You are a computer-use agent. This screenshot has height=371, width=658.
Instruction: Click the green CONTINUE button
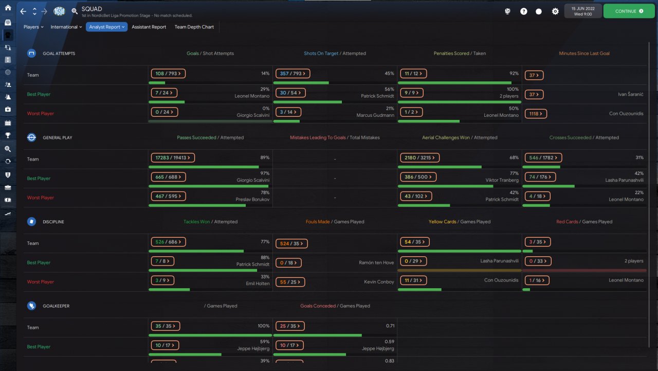click(629, 11)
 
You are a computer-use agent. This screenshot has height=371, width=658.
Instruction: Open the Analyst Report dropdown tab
click(106, 27)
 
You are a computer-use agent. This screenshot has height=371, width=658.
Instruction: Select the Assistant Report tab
click(149, 27)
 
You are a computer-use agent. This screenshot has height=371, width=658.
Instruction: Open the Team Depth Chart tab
click(194, 27)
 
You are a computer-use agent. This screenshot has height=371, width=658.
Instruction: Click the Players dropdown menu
click(33, 27)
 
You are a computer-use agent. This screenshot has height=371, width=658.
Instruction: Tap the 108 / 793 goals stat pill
click(168, 74)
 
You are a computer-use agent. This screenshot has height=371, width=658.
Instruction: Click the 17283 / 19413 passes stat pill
click(173, 157)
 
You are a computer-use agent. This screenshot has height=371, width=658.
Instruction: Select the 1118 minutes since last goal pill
click(536, 114)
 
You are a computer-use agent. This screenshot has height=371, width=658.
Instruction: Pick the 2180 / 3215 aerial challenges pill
click(419, 157)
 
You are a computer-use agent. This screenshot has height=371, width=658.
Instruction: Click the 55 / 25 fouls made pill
click(290, 282)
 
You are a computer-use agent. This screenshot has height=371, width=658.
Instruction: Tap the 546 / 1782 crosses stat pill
click(543, 157)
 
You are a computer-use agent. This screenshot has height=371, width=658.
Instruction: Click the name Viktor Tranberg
click(502, 180)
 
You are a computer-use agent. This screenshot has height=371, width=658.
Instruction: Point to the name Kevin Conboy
click(379, 281)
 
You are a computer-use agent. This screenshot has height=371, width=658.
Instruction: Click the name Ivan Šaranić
click(630, 94)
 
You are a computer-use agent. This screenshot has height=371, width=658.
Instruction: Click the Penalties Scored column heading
click(451, 53)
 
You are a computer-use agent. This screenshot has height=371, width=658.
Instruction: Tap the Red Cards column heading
click(567, 222)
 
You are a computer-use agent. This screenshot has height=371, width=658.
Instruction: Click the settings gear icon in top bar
click(555, 11)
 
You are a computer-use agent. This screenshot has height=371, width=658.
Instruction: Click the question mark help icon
click(523, 11)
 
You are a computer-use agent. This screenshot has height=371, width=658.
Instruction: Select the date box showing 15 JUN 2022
click(583, 11)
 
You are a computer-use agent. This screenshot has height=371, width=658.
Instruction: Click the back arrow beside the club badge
click(23, 11)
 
